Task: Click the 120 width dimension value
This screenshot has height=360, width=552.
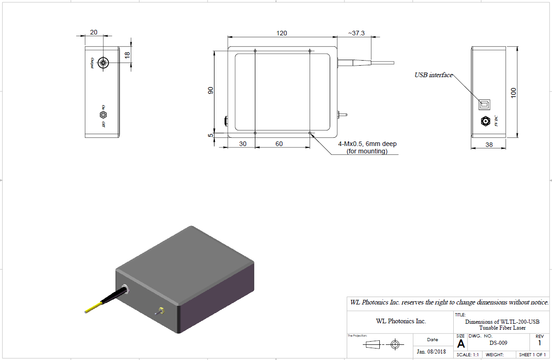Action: [282, 33]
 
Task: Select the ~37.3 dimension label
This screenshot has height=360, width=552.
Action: [356, 33]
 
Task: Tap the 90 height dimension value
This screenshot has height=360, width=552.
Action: [211, 90]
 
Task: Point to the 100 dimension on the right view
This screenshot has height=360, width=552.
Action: [513, 92]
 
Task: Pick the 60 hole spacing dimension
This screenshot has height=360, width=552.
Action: [279, 144]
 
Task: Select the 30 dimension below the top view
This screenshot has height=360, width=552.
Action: [243, 144]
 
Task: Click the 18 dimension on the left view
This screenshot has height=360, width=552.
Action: [128, 54]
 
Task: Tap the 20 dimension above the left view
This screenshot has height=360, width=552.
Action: [94, 32]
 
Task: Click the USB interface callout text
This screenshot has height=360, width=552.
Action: [434, 75]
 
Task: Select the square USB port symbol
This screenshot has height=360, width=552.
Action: [484, 104]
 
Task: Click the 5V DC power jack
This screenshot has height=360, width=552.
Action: [485, 122]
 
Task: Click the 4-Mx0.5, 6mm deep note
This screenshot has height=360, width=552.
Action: [367, 147]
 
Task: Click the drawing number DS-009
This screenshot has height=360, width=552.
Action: [498, 343]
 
